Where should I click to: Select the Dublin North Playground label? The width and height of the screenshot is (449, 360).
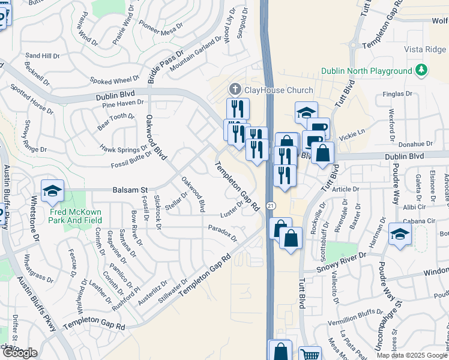click(366, 71)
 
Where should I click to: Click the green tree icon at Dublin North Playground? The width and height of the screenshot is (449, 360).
click(422, 70)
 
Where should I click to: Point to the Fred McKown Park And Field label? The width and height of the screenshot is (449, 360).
click(76, 217)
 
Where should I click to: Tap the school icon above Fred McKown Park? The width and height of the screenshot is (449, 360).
click(53, 191)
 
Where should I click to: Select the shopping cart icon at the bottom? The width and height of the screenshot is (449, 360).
click(310, 355)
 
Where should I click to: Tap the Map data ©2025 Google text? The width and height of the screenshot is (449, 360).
click(412, 355)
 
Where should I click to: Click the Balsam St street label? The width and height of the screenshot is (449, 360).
click(130, 190)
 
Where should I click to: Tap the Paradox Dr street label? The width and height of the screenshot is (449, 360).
click(223, 233)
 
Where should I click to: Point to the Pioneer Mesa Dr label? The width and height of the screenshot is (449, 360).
click(160, 27)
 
